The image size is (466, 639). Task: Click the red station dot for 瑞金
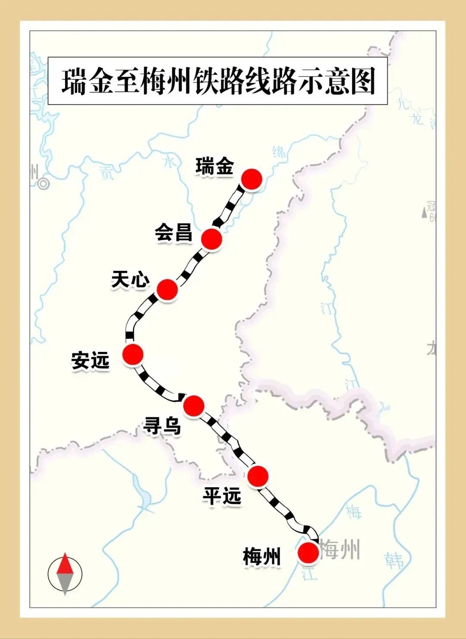[252, 179]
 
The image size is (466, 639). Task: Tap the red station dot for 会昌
[211, 238]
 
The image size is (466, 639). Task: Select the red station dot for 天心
[167, 289]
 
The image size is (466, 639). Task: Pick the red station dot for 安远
[132, 354]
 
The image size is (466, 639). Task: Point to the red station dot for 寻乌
[193, 404]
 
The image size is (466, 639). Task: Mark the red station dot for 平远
[258, 476]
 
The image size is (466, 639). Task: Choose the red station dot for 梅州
[309, 553]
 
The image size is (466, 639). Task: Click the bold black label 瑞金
[214, 167]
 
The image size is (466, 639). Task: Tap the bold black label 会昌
[173, 233]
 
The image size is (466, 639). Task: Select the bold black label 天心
[130, 280]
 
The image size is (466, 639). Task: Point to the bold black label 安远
[91, 361]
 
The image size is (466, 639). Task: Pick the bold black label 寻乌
[162, 426]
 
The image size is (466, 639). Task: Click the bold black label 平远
[222, 497]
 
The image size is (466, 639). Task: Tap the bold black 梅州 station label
[262, 557]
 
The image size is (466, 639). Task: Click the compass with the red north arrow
[65, 573]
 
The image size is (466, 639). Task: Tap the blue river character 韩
[394, 561]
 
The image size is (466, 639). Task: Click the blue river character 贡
[106, 172]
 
